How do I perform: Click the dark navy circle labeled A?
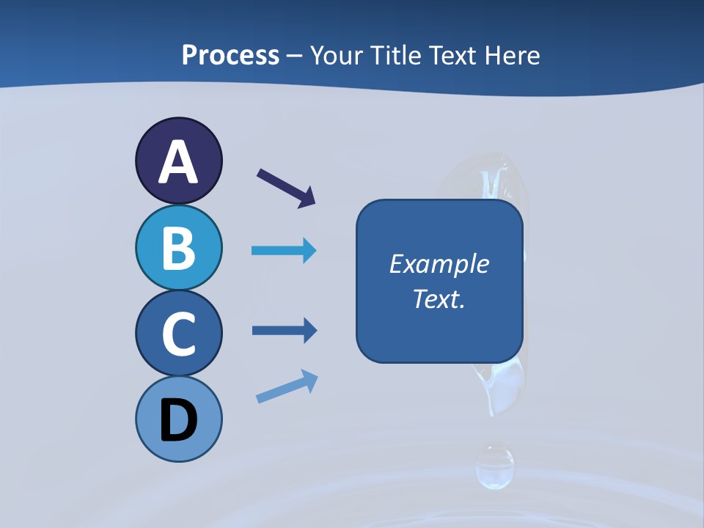click(x=178, y=161)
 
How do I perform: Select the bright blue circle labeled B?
click(x=178, y=247)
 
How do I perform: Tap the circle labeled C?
click(x=178, y=333)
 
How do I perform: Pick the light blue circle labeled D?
click(x=178, y=419)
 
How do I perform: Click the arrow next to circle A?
click(x=286, y=188)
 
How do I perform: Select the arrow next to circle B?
click(x=284, y=251)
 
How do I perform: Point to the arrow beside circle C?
click(x=284, y=331)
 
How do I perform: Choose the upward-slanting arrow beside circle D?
click(x=287, y=387)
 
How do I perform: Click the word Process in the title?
click(x=230, y=55)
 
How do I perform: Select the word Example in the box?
click(x=439, y=264)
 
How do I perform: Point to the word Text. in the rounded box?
click(x=439, y=298)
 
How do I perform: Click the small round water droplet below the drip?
click(x=494, y=466)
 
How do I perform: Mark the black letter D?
click(x=178, y=422)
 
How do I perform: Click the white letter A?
click(x=178, y=162)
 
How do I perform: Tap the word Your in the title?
click(x=337, y=55)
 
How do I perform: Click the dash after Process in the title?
click(x=295, y=56)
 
